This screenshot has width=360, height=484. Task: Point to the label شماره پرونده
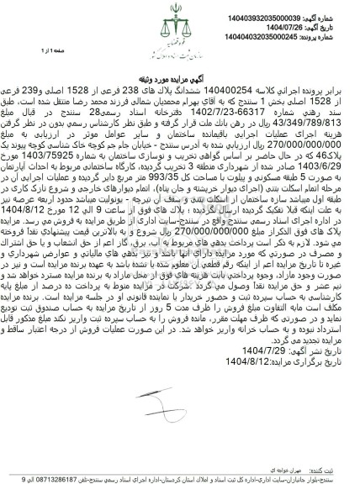[x=333, y=28]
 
